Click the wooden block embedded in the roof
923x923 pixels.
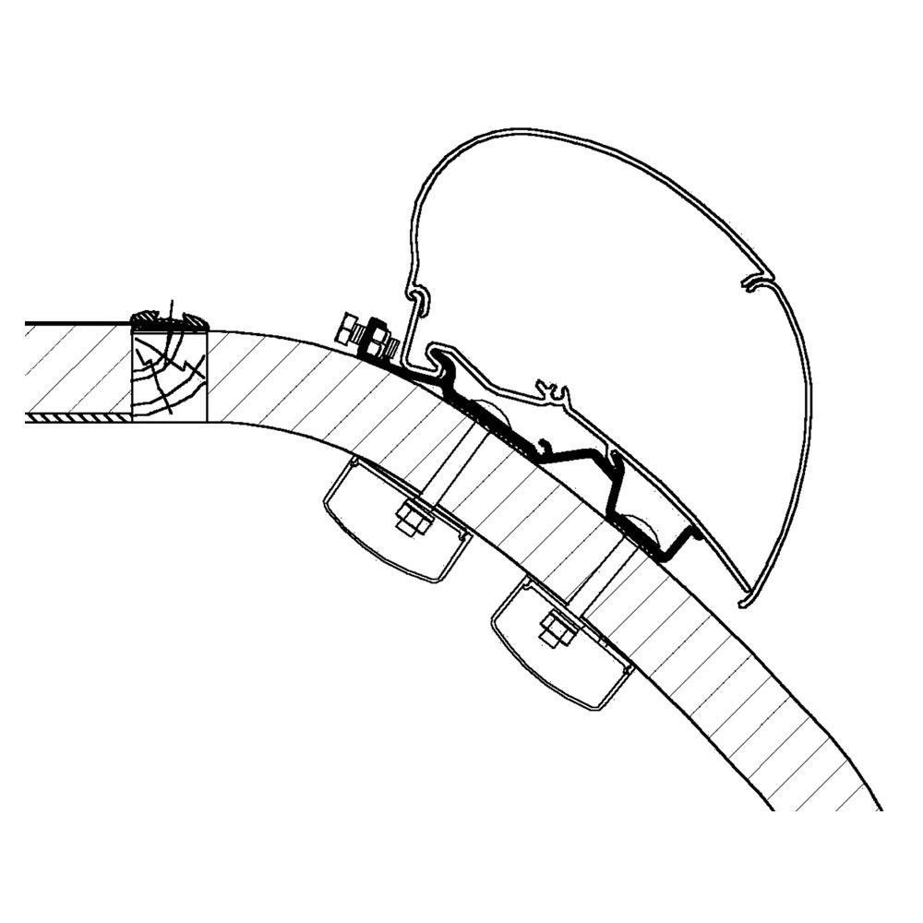click(x=169, y=373)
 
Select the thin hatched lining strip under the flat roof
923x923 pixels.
click(x=78, y=418)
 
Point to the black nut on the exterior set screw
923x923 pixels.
click(x=378, y=339)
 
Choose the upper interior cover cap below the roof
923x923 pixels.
click(x=397, y=522)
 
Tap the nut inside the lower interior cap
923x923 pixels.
click(x=554, y=631)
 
